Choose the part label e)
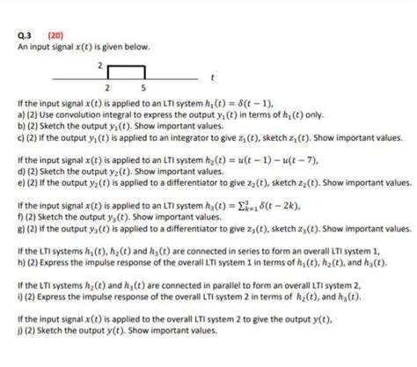(x=8, y=185)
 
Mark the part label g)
(x=8, y=230)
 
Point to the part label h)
(x=8, y=263)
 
